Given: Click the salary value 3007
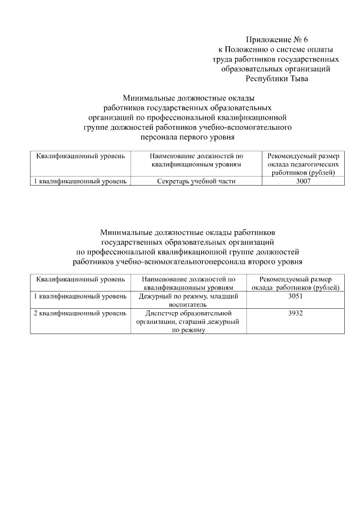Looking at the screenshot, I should [303, 181].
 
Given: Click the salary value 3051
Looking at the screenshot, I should [295, 296].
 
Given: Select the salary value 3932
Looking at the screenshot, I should [295, 313].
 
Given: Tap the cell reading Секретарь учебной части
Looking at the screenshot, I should [196, 181].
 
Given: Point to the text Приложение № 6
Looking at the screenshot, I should [277, 39].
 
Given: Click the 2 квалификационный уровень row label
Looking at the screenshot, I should [80, 313].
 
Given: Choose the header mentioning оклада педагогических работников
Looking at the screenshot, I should [303, 164].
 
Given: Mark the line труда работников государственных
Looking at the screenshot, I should [276, 59].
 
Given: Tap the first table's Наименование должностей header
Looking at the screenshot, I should [196, 160].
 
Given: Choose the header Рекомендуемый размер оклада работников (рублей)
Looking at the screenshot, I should [295, 283].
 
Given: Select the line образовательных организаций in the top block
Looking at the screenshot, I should [276, 69].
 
